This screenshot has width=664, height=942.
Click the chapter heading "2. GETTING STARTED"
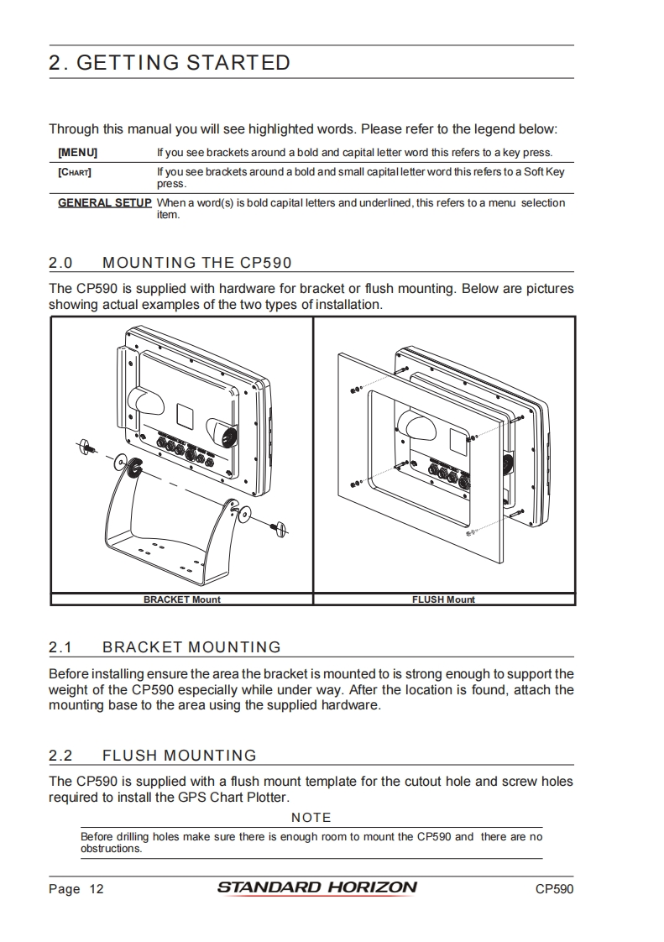point(170,63)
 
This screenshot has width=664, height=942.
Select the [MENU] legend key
point(77,153)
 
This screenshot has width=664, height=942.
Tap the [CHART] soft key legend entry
point(75,172)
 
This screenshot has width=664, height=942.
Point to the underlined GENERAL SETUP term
point(104,202)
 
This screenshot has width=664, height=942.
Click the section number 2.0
point(60,263)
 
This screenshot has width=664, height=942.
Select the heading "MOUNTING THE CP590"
point(196,263)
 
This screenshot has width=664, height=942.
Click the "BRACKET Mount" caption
point(181,599)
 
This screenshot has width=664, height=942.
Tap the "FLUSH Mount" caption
point(443,599)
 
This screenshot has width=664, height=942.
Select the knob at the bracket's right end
point(280,527)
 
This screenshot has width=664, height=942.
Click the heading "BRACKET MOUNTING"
point(191,647)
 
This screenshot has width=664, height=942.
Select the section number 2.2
point(60,756)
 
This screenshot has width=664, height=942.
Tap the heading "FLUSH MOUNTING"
point(179,756)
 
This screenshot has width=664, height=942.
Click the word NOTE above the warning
point(311,818)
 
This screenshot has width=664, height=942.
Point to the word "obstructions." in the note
point(111,848)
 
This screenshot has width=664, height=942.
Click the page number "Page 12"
point(76,889)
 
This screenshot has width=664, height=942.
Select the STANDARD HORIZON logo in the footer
point(316,887)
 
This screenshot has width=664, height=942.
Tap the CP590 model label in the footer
point(554,889)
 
